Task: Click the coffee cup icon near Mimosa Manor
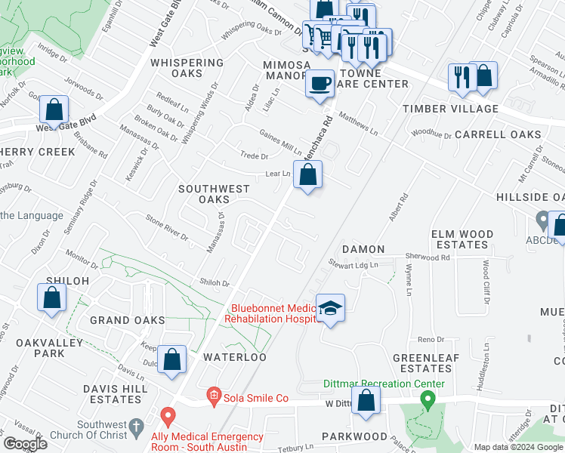point(320,82)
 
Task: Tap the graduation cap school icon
point(330,308)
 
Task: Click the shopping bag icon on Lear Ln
point(307,175)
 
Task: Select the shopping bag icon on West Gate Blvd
point(54,110)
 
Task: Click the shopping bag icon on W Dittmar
point(366,402)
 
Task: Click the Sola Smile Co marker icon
point(214,396)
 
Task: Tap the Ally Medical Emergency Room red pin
point(168,415)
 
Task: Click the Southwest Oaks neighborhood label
point(202,193)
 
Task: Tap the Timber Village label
point(450,109)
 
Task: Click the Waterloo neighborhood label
point(233,357)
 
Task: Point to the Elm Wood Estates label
point(462,239)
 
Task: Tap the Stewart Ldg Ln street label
point(352,264)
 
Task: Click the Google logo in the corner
point(25,443)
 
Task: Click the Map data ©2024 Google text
point(518,447)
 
